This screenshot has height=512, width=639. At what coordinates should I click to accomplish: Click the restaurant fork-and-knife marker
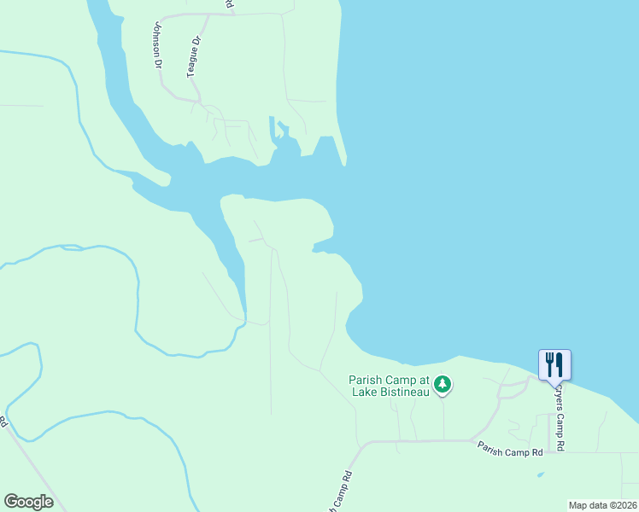coord(554,364)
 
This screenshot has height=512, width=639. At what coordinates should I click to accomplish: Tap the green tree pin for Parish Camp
coord(442,385)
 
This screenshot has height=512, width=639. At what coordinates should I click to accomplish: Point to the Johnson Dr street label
coord(157,44)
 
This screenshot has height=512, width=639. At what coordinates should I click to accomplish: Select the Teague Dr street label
coord(195,57)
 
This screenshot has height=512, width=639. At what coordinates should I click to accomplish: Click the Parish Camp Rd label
coord(510,448)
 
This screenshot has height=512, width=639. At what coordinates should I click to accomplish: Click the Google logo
coord(28,502)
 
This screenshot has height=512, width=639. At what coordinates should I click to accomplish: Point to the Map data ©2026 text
coord(603,505)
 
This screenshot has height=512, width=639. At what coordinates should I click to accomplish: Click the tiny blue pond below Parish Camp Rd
coord(541,474)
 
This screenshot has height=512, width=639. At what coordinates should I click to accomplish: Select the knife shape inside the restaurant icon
coord(560,364)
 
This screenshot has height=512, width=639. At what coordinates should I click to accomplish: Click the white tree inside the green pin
coord(442,384)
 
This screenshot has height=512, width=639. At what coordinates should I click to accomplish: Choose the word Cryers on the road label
coord(560,397)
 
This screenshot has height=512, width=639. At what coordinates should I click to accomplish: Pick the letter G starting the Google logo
coord(10,502)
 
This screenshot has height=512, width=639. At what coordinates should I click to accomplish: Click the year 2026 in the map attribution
coord(624,505)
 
